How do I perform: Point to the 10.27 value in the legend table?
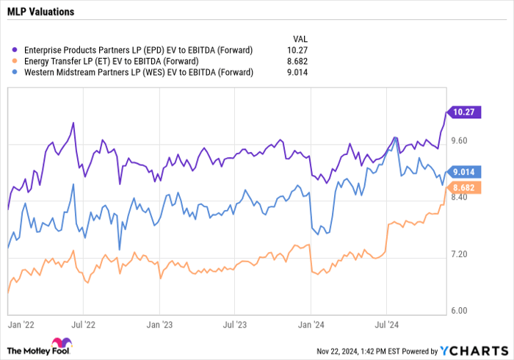pyautogui.click(x=297, y=50)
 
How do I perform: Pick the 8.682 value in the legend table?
pyautogui.click(x=297, y=61)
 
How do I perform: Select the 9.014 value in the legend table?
pyautogui.click(x=297, y=72)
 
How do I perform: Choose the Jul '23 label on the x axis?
pyautogui.click(x=234, y=322)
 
